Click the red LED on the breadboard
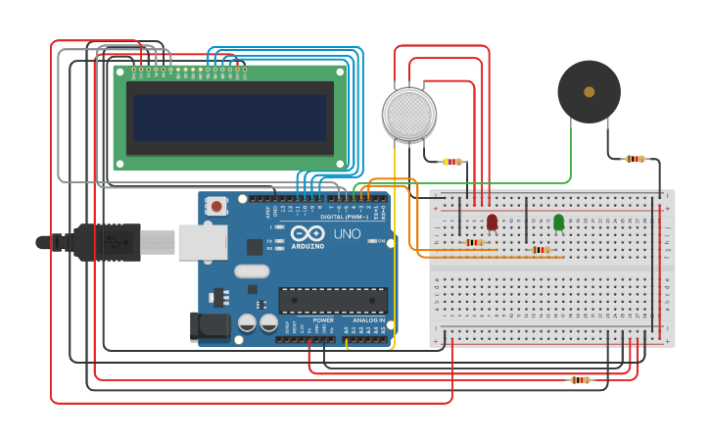pyautogui.click(x=492, y=222)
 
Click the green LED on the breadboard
pyautogui.click(x=558, y=222)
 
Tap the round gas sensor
pyautogui.click(x=408, y=114)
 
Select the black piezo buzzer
pyautogui.click(x=589, y=92)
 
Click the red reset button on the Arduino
pyautogui.click(x=216, y=206)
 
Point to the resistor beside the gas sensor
pyautogui.click(x=451, y=162)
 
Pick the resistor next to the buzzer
pyautogui.click(x=636, y=159)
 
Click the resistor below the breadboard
pyautogui.click(x=581, y=379)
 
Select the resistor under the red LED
pyautogui.click(x=474, y=242)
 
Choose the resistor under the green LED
pyautogui.click(x=540, y=250)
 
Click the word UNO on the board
pyautogui.click(x=348, y=234)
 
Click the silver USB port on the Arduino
pyautogui.click(x=202, y=242)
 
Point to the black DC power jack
pyautogui.click(x=210, y=327)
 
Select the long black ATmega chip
pyautogui.click(x=332, y=300)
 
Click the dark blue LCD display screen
pyautogui.click(x=230, y=117)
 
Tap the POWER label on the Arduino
pyautogui.click(x=323, y=321)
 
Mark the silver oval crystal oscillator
pyautogui.click(x=252, y=271)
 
